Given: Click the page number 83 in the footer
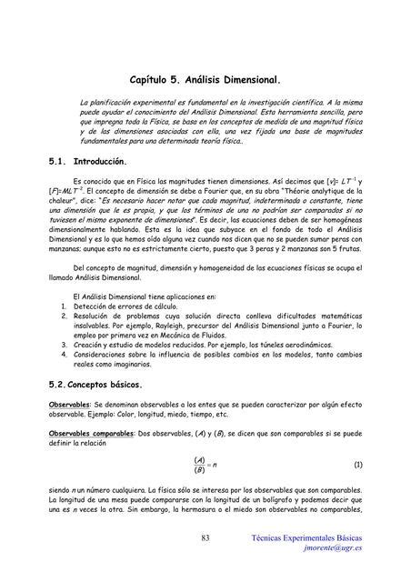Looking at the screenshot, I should [205, 540].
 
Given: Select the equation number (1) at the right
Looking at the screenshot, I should [357, 464].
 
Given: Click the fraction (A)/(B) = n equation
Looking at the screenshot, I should [205, 464].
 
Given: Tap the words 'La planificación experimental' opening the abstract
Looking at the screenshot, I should [129, 105].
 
